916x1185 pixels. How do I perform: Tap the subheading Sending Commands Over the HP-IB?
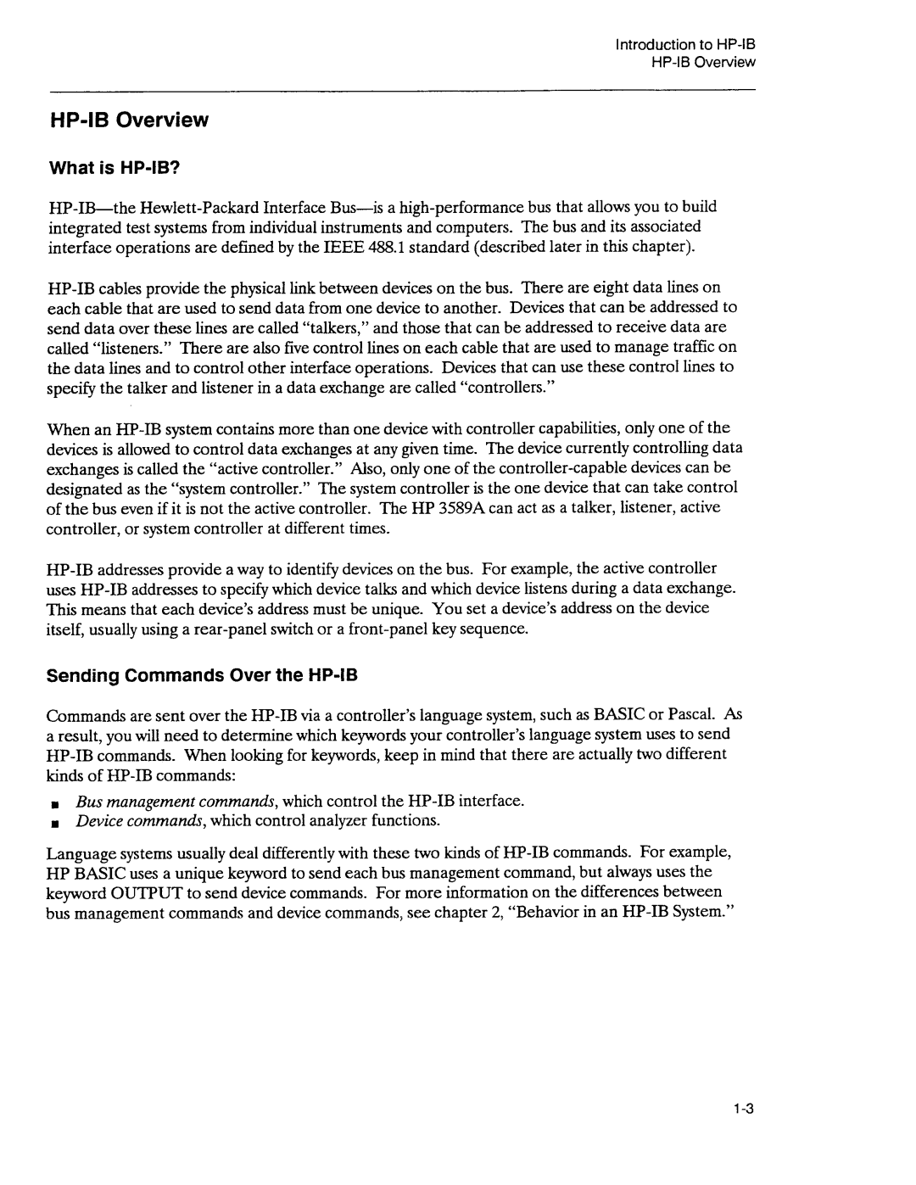pyautogui.click(x=203, y=676)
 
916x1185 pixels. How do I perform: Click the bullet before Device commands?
pyautogui.click(x=53, y=824)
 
